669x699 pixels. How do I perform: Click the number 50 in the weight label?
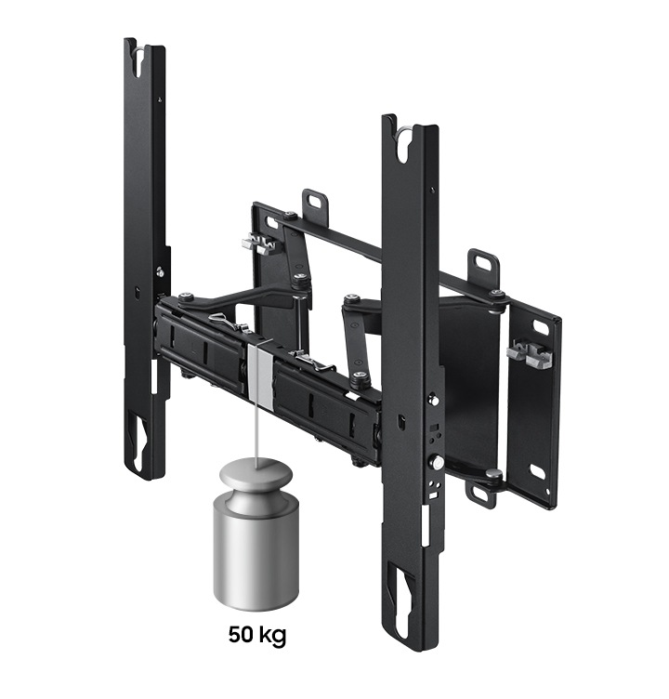242,634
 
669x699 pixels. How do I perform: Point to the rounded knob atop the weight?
256,476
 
